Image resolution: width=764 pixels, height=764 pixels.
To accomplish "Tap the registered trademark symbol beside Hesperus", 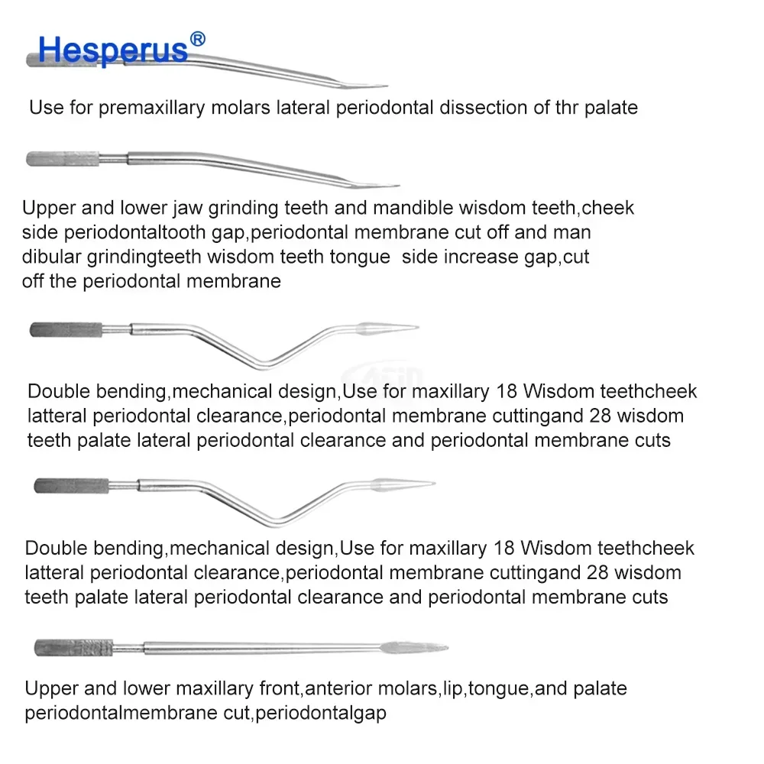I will point(196,38).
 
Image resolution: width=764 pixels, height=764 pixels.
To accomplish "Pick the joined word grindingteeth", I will point(160,257).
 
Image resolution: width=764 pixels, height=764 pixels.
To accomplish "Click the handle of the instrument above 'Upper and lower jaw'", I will point(61,159).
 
